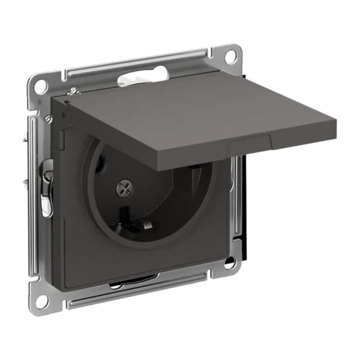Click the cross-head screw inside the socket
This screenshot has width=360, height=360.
[x=123, y=188]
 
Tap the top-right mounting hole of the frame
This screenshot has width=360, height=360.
[x=230, y=57]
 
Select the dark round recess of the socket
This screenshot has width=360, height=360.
[x=148, y=198]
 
